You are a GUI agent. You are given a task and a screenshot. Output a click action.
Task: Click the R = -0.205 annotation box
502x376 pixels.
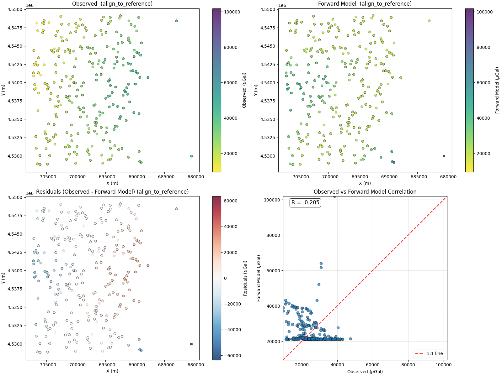click(x=305, y=202)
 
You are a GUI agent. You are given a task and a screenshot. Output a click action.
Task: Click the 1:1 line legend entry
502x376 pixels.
click(x=429, y=353)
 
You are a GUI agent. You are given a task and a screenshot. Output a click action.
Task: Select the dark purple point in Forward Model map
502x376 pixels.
click(x=444, y=156)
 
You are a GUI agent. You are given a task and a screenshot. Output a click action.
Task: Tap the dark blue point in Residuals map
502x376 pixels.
click(x=191, y=344)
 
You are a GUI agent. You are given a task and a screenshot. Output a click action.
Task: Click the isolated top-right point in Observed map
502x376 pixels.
click(x=176, y=21)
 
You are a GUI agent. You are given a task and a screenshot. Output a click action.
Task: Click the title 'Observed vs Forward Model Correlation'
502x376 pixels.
click(x=365, y=192)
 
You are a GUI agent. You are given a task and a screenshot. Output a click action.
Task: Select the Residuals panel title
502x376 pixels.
click(x=112, y=192)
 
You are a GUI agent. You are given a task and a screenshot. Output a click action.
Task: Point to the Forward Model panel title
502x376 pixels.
click(x=365, y=4)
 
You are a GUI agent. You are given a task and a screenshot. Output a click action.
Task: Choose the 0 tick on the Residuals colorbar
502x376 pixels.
click(x=225, y=278)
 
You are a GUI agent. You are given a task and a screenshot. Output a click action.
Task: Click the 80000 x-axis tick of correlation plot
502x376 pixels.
click(x=408, y=365)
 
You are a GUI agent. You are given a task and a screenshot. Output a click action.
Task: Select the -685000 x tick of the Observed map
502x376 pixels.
click(x=164, y=177)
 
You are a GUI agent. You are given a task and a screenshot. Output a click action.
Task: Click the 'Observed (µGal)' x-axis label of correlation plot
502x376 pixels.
click(x=365, y=372)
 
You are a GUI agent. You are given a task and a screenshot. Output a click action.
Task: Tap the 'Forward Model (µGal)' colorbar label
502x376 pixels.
click(x=497, y=90)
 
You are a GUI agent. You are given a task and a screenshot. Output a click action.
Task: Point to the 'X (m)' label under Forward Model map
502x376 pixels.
click(x=365, y=183)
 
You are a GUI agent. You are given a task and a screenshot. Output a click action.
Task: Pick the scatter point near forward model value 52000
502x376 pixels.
click(x=319, y=285)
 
